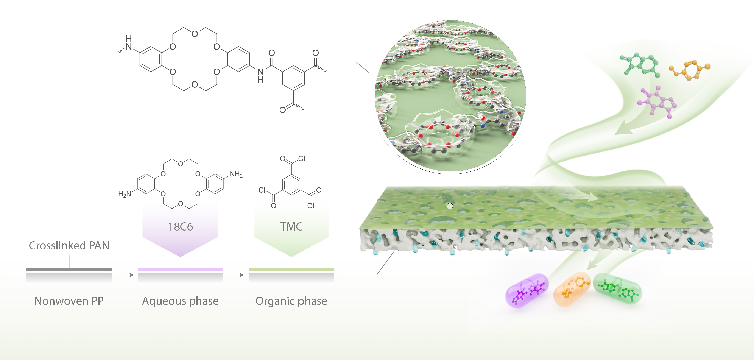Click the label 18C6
tap(180, 227)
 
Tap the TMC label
tap(291, 227)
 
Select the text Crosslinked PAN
tap(69, 246)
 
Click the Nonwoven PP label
tap(69, 301)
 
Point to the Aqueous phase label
tap(180, 301)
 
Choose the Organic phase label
tap(291, 301)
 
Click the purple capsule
tap(527, 290)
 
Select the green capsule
tap(617, 289)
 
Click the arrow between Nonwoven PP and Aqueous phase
tap(124, 275)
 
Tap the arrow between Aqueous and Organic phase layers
tap(235, 275)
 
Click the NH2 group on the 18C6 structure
tap(236, 175)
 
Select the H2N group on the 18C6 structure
tap(125, 194)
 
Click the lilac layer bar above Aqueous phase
tap(180, 269)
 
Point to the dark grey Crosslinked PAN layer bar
tap(69, 269)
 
